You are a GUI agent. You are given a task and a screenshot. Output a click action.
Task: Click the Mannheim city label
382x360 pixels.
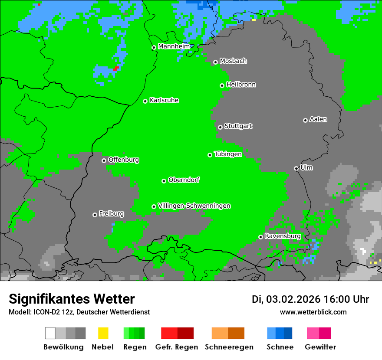174,46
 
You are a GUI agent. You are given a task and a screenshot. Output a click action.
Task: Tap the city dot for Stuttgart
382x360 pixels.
220,127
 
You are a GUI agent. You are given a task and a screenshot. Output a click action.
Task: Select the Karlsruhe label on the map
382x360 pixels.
164,100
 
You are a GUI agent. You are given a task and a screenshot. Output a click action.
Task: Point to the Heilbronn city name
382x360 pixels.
241,85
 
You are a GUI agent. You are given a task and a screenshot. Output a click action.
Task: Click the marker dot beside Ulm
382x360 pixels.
296,168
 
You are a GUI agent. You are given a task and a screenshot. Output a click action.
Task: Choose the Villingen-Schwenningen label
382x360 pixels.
194,206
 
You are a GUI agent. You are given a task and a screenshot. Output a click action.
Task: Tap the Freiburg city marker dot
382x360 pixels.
95,215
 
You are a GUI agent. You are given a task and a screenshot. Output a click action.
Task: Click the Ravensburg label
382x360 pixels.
283,236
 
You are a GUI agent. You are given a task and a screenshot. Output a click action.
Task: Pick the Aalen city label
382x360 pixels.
318,119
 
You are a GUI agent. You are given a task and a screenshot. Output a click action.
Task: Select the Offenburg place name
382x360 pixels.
123,160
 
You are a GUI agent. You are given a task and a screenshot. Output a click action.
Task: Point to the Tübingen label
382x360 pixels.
228,154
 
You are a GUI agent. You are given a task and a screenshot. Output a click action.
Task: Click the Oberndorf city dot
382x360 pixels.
164,181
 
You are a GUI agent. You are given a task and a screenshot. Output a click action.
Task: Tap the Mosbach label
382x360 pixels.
233,61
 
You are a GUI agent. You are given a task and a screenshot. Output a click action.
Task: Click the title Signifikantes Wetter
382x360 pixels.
72,299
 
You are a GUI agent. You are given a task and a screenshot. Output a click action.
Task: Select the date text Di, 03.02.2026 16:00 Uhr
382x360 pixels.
310,299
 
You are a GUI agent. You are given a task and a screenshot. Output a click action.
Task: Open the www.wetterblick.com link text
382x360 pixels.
313,312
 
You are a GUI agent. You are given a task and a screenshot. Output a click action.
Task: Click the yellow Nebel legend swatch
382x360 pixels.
103,333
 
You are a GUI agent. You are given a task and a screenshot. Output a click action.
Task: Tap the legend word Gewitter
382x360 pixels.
320,347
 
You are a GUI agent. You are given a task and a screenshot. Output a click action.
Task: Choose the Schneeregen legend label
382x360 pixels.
228,347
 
